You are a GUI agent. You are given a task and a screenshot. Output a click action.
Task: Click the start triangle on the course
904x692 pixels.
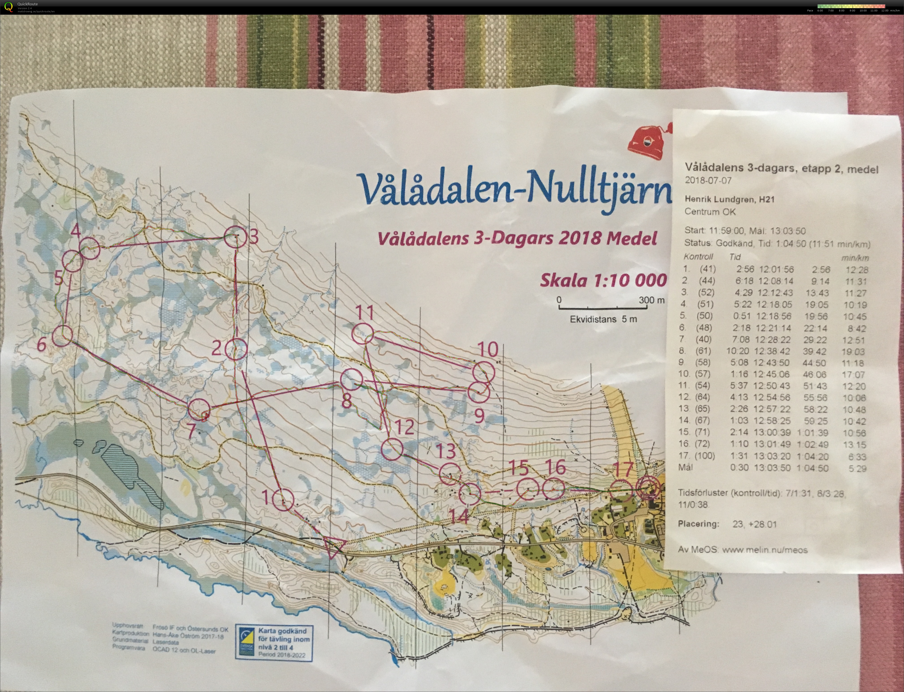click(x=334, y=547)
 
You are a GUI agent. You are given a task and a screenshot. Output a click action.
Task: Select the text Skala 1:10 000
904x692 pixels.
click(x=603, y=281)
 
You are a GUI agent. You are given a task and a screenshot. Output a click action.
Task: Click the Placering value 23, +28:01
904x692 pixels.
click(x=754, y=524)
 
